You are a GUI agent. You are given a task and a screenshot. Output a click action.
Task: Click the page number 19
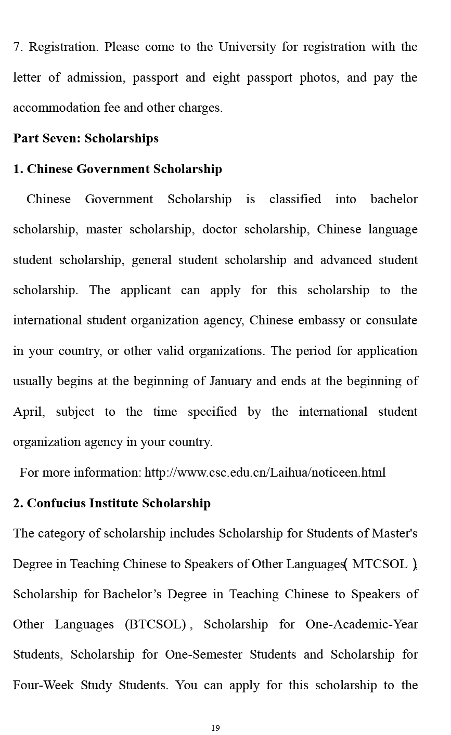click(x=215, y=728)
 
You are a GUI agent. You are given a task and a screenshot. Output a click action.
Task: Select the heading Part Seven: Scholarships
click(x=86, y=138)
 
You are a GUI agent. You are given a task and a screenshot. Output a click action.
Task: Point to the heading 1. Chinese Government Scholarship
click(x=118, y=169)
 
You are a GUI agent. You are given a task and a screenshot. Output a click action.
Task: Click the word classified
click(x=295, y=199)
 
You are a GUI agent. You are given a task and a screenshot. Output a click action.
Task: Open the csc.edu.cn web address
click(x=265, y=472)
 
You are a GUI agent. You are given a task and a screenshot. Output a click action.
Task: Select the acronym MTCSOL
click(x=380, y=564)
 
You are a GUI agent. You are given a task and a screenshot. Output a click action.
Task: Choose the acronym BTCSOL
click(x=155, y=624)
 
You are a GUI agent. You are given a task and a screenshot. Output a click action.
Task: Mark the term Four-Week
click(x=43, y=685)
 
